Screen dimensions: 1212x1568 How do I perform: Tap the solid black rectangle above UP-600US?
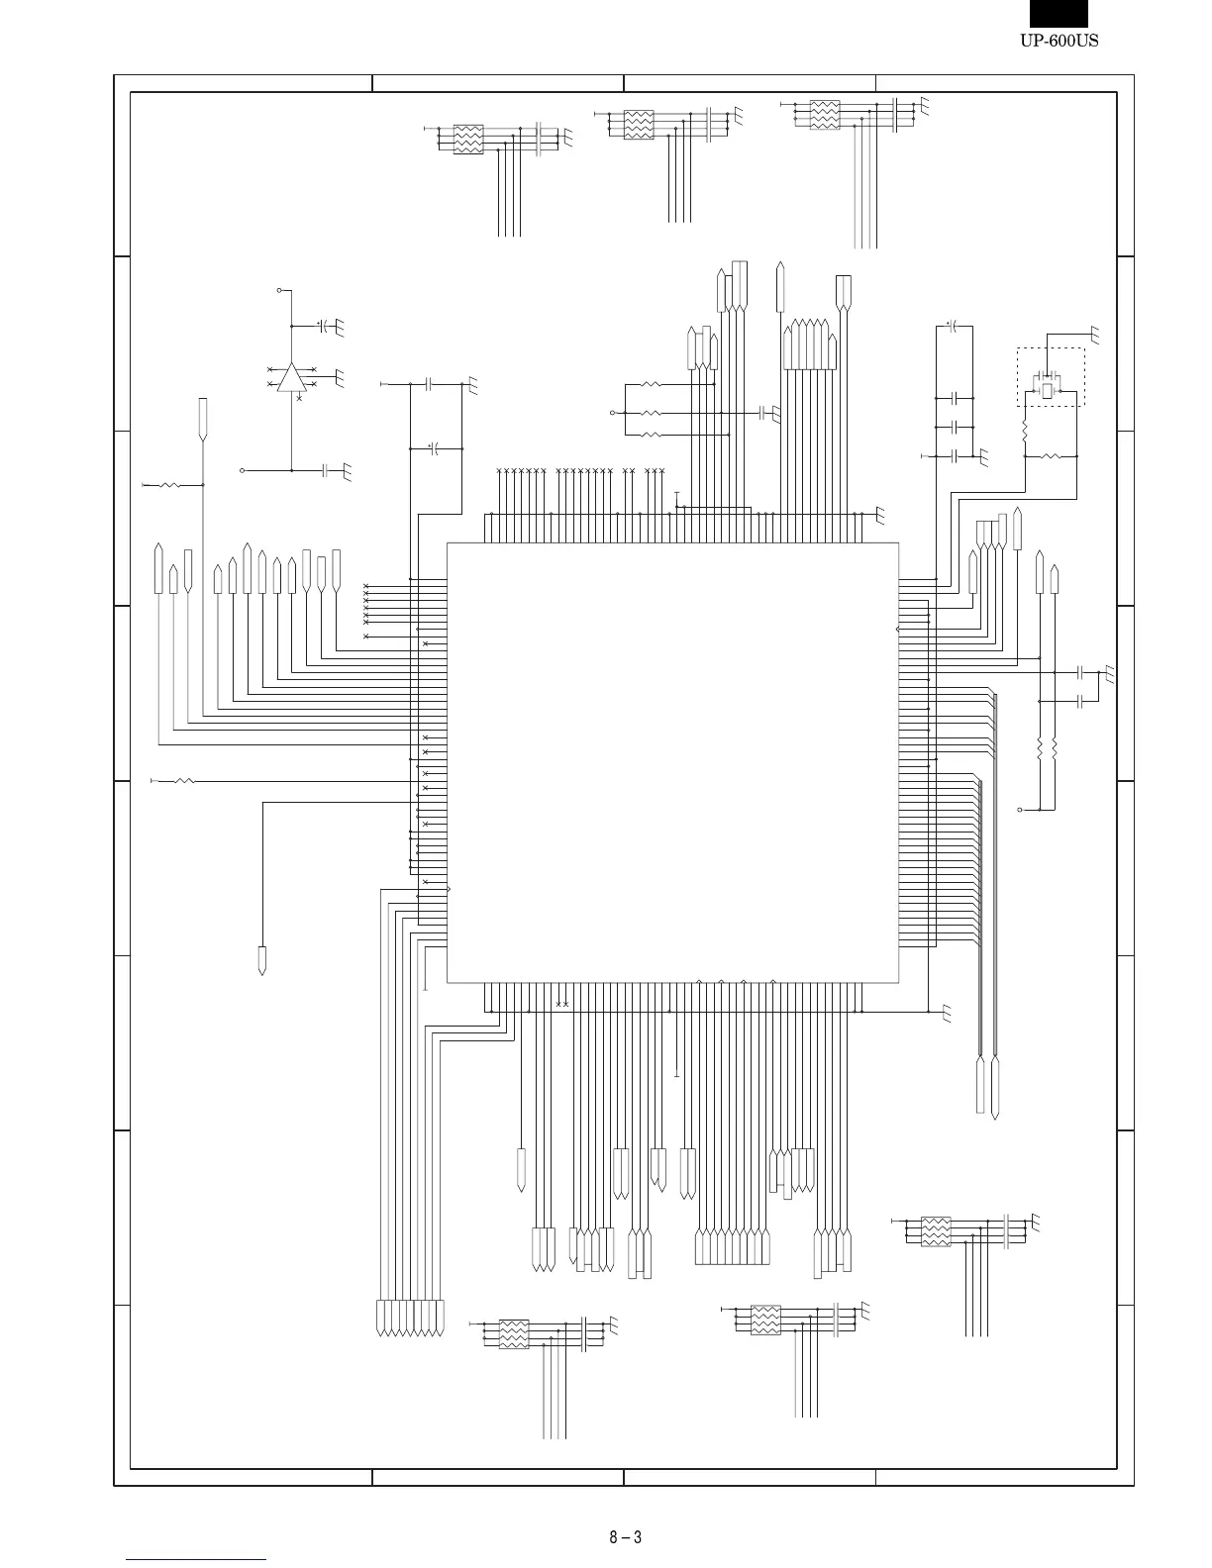[x=1059, y=13]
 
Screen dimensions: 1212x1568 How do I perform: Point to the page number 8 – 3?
[x=625, y=1537]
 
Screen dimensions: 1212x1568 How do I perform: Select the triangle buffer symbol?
[x=291, y=377]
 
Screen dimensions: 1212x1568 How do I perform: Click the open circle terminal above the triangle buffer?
[x=279, y=291]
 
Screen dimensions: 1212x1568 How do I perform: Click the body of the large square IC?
[x=672, y=762]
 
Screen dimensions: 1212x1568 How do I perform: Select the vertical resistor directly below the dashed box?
[x=1025, y=433]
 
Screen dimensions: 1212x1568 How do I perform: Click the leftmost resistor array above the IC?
[x=468, y=140]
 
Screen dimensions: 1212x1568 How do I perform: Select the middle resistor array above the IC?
[x=639, y=125]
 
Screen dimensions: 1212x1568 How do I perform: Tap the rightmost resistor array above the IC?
[x=825, y=115]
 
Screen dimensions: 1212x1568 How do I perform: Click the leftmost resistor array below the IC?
[x=513, y=1333]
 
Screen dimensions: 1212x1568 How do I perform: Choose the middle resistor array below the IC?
[x=765, y=1320]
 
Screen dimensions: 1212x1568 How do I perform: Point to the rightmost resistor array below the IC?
[x=936, y=1231]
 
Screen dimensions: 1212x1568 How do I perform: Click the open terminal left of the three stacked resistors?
[x=612, y=412]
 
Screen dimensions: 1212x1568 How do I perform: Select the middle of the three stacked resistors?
[x=651, y=412]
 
